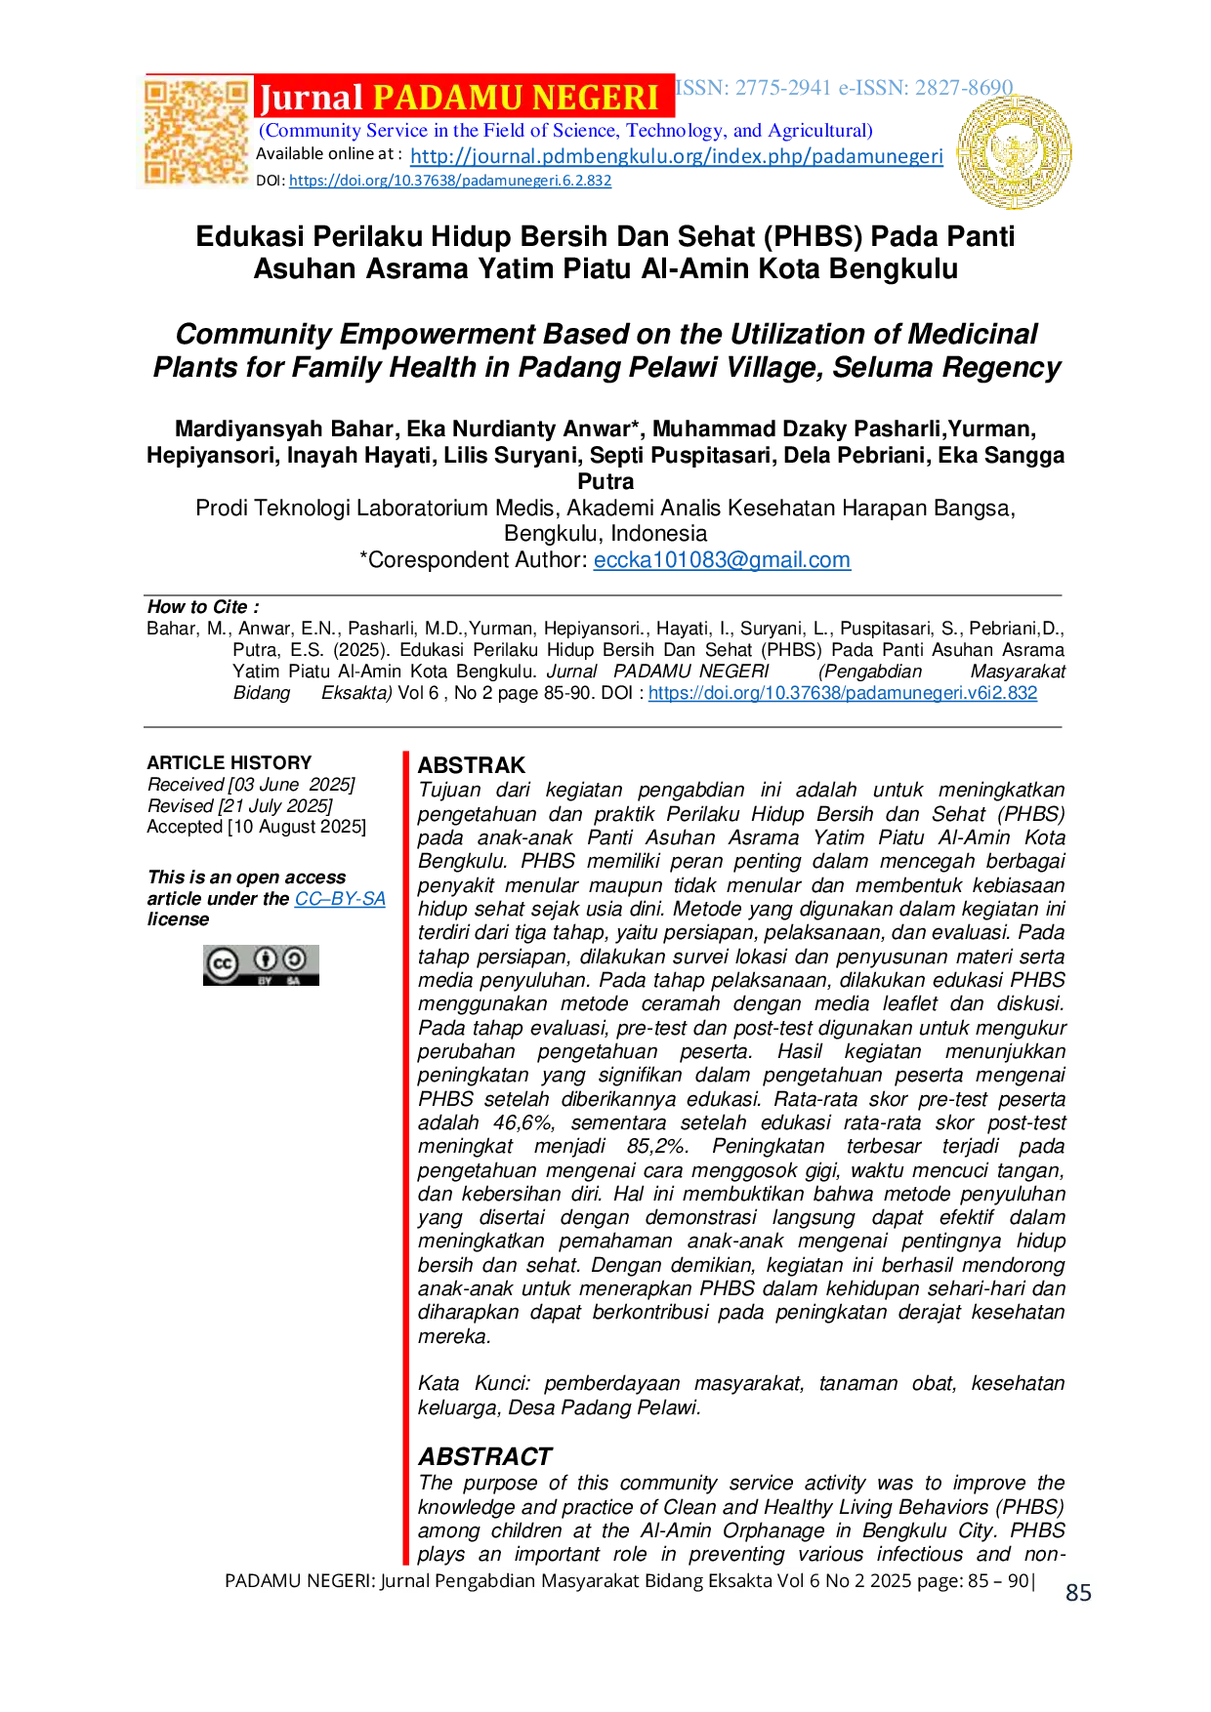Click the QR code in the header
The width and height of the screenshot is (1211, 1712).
tap(196, 132)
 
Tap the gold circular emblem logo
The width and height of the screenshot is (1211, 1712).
tap(1015, 152)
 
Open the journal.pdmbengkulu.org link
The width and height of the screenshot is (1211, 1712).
tap(677, 156)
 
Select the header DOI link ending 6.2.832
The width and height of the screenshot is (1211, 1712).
tap(450, 181)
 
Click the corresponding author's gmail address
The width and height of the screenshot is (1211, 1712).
tap(722, 560)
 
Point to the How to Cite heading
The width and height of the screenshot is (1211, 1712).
tap(203, 607)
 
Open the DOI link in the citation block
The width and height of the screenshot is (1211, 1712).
tap(843, 693)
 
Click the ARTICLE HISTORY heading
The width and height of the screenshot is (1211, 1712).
tap(230, 763)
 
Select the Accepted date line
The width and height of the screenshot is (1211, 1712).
tap(257, 827)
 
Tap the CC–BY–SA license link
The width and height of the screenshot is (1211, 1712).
tap(340, 899)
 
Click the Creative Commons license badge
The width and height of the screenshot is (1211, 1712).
tap(261, 965)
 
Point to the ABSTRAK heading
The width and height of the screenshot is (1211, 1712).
tap(472, 765)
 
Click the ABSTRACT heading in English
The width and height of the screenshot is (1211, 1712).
tap(485, 1457)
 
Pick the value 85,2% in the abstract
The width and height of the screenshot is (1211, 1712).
tap(658, 1147)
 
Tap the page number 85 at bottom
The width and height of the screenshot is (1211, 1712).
tap(1079, 1593)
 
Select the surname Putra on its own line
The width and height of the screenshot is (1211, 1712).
tap(605, 482)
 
